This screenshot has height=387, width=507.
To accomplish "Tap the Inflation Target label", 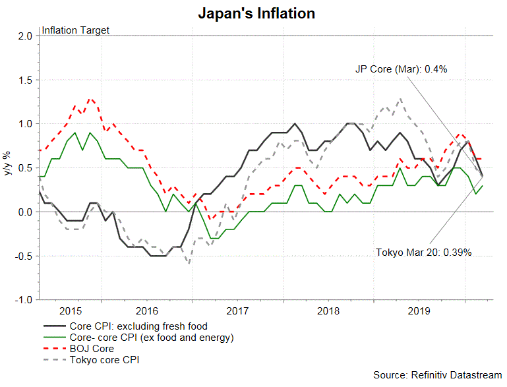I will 76,30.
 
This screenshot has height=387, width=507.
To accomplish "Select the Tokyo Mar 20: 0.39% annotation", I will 424,253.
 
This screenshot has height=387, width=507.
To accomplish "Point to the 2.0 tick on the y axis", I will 26,36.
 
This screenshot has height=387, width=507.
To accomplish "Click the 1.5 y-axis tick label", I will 26,80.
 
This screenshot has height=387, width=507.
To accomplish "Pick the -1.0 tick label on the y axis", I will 24,300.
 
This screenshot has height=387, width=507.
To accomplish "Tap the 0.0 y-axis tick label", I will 26,212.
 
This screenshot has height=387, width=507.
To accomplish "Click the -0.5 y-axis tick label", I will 24,256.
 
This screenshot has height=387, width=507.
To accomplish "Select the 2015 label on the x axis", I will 71,310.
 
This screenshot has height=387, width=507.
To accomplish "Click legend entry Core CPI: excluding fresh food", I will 138,326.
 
